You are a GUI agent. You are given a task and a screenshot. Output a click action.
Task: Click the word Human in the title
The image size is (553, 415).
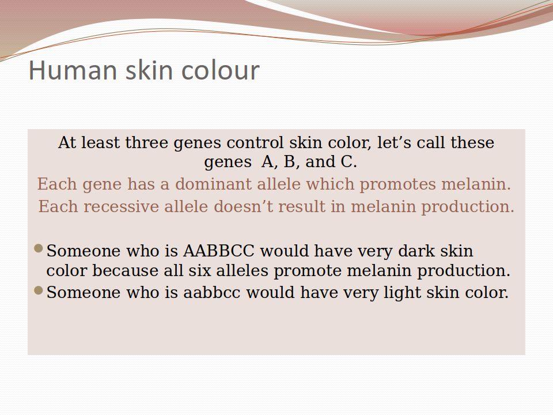coord(73,70)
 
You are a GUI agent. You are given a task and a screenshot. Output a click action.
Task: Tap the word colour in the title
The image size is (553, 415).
coord(221,70)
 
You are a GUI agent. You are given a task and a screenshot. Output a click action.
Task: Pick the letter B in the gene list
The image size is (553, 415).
coord(290,162)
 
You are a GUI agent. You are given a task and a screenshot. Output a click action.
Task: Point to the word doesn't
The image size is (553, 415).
coord(243,206)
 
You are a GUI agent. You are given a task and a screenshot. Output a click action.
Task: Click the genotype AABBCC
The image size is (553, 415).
coord(219,251)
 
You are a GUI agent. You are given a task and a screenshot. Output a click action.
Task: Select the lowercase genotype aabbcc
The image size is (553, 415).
coord(211,293)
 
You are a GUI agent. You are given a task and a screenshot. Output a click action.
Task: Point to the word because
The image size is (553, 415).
coord(125,271)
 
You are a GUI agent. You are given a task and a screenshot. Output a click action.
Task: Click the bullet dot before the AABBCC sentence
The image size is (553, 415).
coord(39,249)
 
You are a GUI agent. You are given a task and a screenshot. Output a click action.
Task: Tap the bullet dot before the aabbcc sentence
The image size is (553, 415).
coord(39,290)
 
